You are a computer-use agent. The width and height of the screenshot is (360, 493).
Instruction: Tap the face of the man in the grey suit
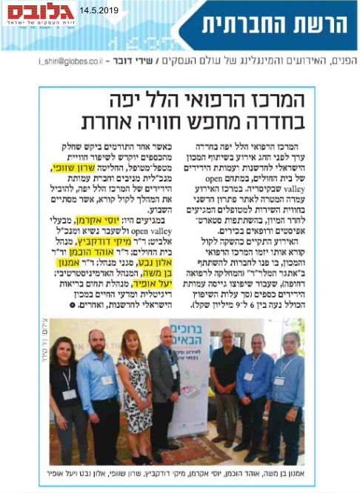pyautogui.click(x=167, y=338)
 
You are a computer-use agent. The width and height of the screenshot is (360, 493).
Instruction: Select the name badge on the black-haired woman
pyautogui.click(x=68, y=395)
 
